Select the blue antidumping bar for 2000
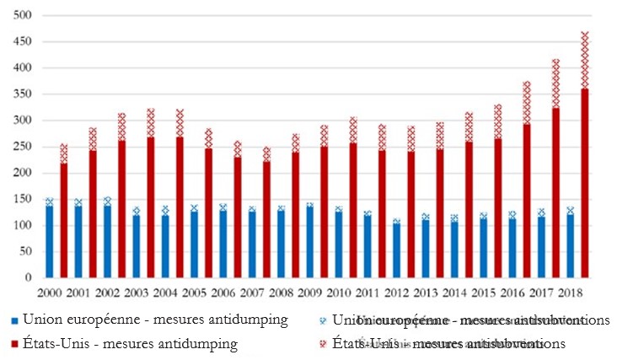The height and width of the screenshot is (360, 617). coord(49,241)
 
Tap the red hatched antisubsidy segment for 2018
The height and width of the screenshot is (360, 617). coord(585,60)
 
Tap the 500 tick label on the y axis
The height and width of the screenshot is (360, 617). coord(23,15)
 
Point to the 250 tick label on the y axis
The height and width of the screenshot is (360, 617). coord(23,147)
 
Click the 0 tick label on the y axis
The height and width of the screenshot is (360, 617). coord(28,277)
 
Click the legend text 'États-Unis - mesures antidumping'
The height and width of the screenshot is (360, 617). coord(131,344)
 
